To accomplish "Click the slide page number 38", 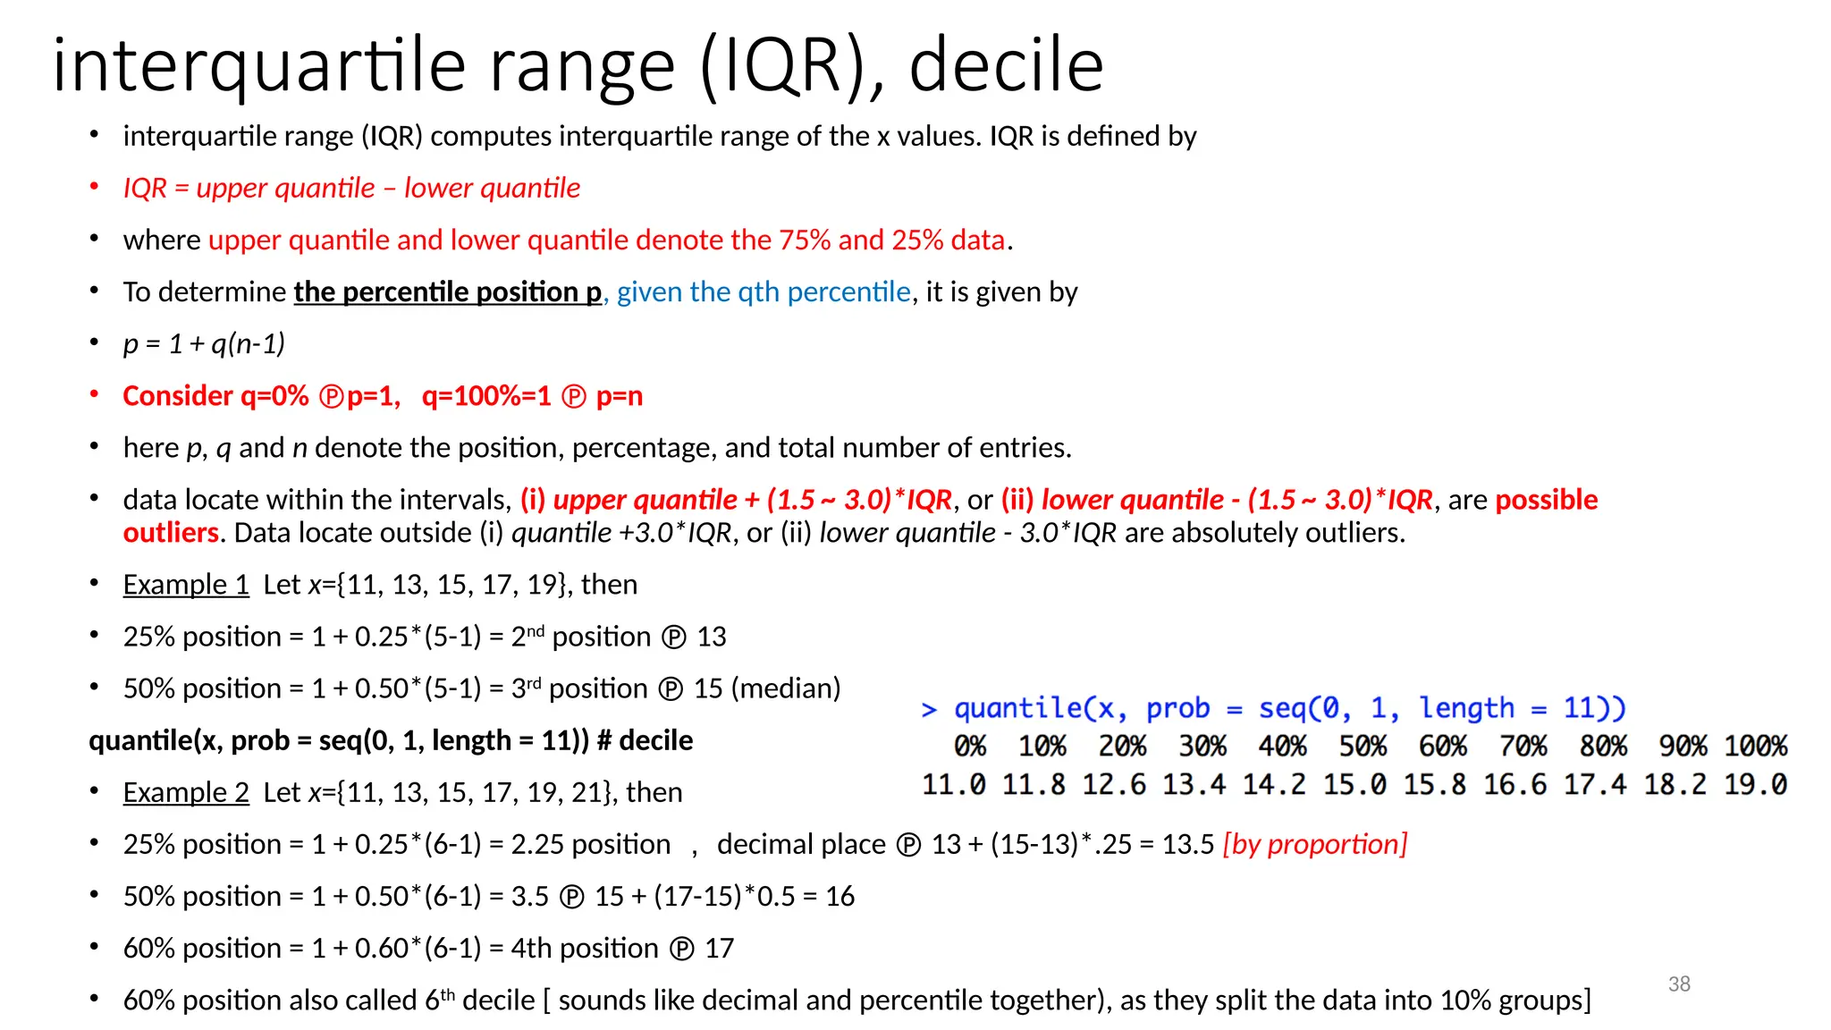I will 1679,984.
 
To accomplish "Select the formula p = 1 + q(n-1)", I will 204,344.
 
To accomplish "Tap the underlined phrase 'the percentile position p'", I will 447,292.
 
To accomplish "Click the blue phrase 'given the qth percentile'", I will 764,292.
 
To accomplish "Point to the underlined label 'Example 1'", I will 186,585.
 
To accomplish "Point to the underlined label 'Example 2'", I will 186,792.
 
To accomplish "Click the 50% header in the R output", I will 1363,746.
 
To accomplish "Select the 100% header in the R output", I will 1755,746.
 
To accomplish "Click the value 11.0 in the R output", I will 953,785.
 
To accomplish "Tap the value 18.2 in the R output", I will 1675,785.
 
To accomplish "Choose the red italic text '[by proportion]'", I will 1315,844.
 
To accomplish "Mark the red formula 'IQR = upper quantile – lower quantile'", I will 351,189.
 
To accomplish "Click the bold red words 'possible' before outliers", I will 1546,500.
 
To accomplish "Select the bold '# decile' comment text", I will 645,740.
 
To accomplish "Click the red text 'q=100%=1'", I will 486,396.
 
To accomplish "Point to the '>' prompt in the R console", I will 929,710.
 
